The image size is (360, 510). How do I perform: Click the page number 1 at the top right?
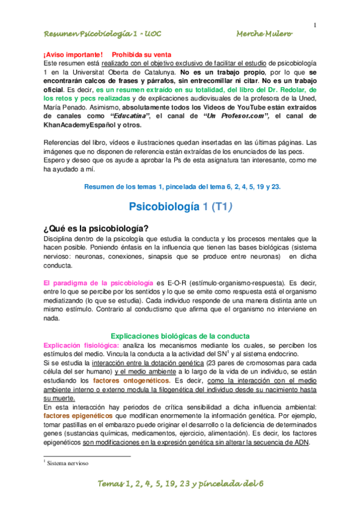pos(314,25)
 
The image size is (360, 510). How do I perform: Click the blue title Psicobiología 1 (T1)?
pos(180,206)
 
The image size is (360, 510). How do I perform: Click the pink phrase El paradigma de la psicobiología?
pos(99,282)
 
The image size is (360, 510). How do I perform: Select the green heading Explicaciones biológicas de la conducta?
pos(180,336)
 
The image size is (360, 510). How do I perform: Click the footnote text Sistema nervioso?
pos(67,464)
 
